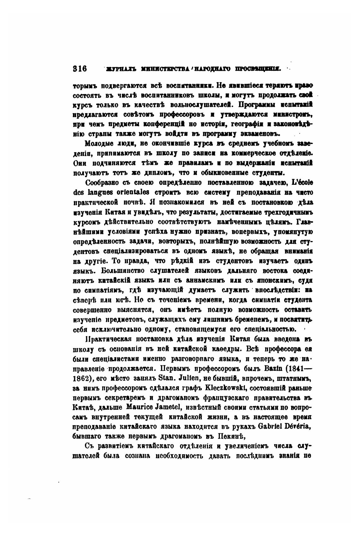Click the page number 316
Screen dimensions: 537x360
point(80,69)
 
